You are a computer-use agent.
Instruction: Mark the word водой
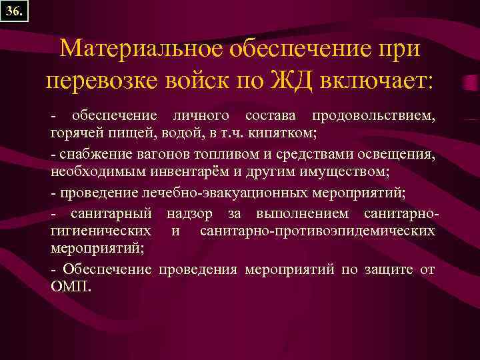(182, 133)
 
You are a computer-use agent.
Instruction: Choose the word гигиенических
(100, 231)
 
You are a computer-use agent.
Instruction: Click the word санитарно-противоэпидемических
(317, 231)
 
